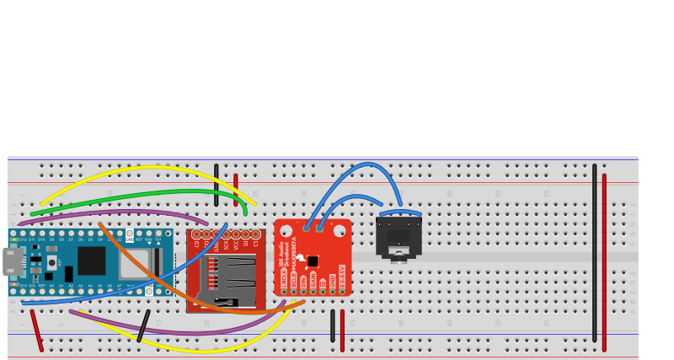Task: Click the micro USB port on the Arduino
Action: coord(13,261)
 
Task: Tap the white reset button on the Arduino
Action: coord(51,263)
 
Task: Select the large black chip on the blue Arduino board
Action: coord(91,261)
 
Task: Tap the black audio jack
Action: coord(399,238)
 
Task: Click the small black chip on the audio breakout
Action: coord(313,261)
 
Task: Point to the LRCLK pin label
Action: coord(284,277)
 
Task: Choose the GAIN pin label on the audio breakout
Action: coord(313,280)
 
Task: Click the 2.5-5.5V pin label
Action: coord(342,277)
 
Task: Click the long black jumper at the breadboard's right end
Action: coord(594,253)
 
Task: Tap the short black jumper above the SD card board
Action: coord(216,185)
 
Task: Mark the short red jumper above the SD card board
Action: coord(236,190)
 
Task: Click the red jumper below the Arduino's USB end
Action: coord(37,330)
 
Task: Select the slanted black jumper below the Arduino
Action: coord(143,325)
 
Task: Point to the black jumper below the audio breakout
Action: coord(332,325)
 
